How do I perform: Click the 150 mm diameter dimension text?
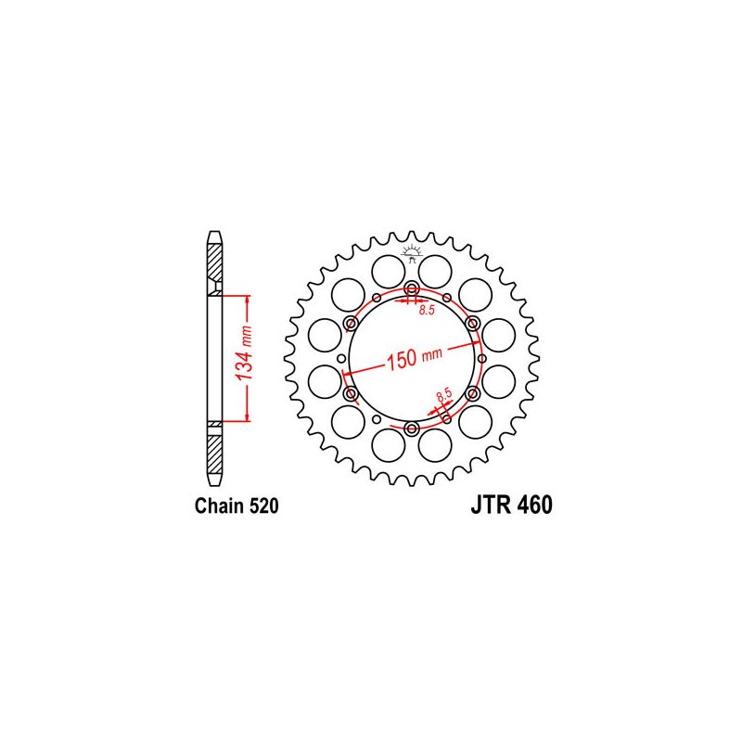pos(413,358)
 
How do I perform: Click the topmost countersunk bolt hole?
pos(412,288)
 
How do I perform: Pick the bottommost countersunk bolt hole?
pos(412,428)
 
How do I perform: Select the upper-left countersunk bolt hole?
pos(352,323)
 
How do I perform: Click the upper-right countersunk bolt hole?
pos(473,323)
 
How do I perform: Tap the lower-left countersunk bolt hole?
pos(352,394)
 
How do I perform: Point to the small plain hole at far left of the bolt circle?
pos(341,359)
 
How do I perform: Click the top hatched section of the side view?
pos(214,264)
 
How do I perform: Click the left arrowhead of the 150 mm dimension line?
pos(348,374)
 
